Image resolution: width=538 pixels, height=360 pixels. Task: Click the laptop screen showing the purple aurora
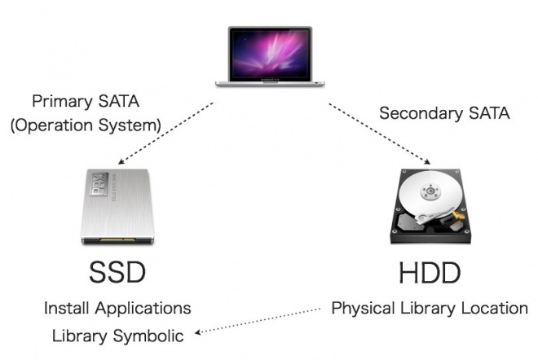point(271,55)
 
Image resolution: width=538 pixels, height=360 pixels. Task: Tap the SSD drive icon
point(117,206)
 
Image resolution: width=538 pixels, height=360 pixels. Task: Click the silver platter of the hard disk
point(429,193)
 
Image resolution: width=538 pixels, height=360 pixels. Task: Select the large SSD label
point(117,273)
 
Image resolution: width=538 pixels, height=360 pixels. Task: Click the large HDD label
point(430,273)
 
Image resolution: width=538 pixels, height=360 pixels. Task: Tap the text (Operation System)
point(86,125)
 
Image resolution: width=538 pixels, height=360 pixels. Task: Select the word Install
point(67,308)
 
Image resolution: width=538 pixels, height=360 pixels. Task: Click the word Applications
point(143,309)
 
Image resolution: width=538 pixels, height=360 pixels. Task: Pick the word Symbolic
point(148,336)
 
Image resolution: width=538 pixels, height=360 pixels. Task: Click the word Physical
point(363,309)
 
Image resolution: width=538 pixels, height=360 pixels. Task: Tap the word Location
point(495,308)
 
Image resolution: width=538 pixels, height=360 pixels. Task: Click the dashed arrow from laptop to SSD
point(165,134)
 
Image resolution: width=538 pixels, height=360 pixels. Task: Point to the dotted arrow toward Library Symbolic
point(258,321)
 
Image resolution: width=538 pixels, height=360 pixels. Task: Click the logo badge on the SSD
point(99,184)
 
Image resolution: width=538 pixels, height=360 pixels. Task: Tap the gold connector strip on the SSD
point(117,239)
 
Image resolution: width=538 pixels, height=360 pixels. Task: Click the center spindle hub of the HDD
point(430,191)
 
